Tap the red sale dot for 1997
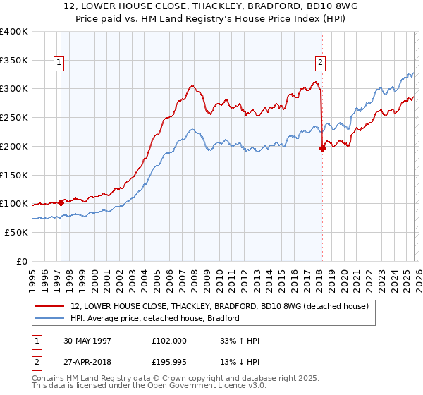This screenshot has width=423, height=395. coord(61,202)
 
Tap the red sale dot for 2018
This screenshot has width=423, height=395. coord(322,148)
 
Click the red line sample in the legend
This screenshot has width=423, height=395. coord(51,306)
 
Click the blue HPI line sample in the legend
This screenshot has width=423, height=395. coord(51,318)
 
